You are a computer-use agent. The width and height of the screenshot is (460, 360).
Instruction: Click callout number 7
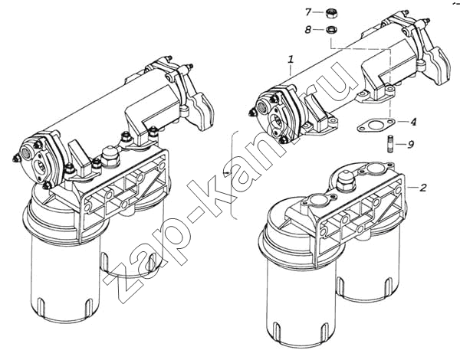307,12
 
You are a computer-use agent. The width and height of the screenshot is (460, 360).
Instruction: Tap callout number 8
307,30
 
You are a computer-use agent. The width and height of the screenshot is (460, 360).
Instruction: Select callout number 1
291,60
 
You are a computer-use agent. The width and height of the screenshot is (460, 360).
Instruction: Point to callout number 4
413,121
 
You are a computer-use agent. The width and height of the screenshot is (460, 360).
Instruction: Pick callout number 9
411,144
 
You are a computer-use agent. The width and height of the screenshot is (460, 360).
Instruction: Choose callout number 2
422,188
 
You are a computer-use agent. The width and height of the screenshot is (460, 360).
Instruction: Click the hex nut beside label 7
332,13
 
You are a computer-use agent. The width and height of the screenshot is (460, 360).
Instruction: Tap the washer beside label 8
332,30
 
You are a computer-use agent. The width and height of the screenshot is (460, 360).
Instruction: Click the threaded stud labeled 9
389,143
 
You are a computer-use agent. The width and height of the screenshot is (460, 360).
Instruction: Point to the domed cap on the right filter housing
347,180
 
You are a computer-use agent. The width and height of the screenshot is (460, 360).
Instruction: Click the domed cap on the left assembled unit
110,156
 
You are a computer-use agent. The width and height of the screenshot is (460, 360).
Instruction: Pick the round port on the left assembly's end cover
25,152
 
